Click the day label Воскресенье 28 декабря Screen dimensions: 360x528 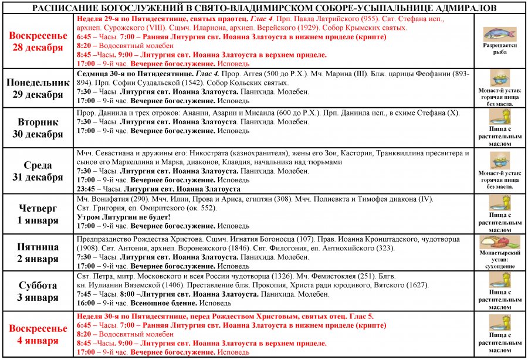pos(38,42)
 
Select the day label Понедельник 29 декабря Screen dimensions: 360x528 pos(38,89)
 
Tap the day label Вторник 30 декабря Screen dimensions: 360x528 pos(38,128)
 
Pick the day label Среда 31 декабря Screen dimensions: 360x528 pos(38,171)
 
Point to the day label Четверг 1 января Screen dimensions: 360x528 pos(38,215)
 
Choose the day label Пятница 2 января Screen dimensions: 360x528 pos(38,252)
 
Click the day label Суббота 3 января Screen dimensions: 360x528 pos(38,291)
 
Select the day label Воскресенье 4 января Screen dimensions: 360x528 pos(38,334)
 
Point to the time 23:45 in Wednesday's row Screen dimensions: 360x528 pos(87,189)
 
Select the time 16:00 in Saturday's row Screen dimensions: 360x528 pos(87,303)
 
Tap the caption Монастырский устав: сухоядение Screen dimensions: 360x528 pos(499,261)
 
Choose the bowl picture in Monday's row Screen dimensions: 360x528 pos(499,79)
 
